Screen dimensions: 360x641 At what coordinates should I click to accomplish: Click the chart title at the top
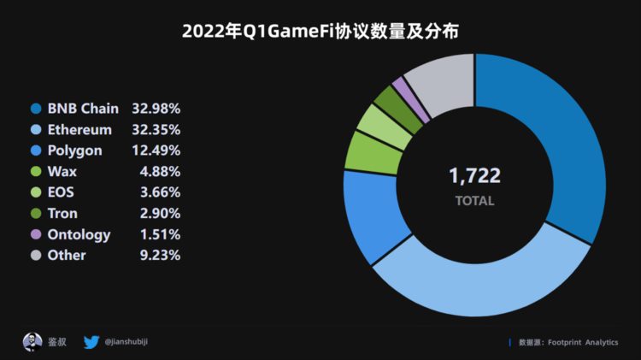[320, 32]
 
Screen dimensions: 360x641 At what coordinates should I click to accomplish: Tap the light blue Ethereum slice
[479, 282]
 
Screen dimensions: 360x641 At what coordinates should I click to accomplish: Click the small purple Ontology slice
[399, 88]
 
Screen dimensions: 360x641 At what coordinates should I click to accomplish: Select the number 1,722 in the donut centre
[474, 176]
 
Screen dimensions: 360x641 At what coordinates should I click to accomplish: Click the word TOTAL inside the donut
[474, 201]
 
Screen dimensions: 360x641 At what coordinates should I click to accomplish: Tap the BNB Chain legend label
[83, 109]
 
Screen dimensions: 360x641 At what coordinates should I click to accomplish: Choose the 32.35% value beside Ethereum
[156, 130]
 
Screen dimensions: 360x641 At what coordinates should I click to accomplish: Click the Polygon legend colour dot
[36, 150]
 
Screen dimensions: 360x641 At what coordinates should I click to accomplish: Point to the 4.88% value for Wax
[160, 171]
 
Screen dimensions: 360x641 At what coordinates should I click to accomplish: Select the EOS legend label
[62, 192]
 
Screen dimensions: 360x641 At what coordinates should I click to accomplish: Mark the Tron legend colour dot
[36, 213]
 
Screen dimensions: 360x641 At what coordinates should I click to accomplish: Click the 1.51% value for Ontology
[160, 233]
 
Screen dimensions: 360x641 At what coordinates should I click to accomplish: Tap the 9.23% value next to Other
[160, 255]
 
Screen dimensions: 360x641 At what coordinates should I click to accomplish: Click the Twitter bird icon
[91, 342]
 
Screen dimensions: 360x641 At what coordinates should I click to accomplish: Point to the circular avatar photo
[32, 342]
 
